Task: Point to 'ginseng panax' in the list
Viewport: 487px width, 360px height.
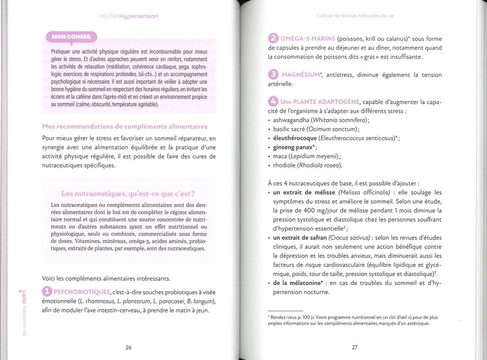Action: [x=295, y=147]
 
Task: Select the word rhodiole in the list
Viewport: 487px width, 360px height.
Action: [x=286, y=165]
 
